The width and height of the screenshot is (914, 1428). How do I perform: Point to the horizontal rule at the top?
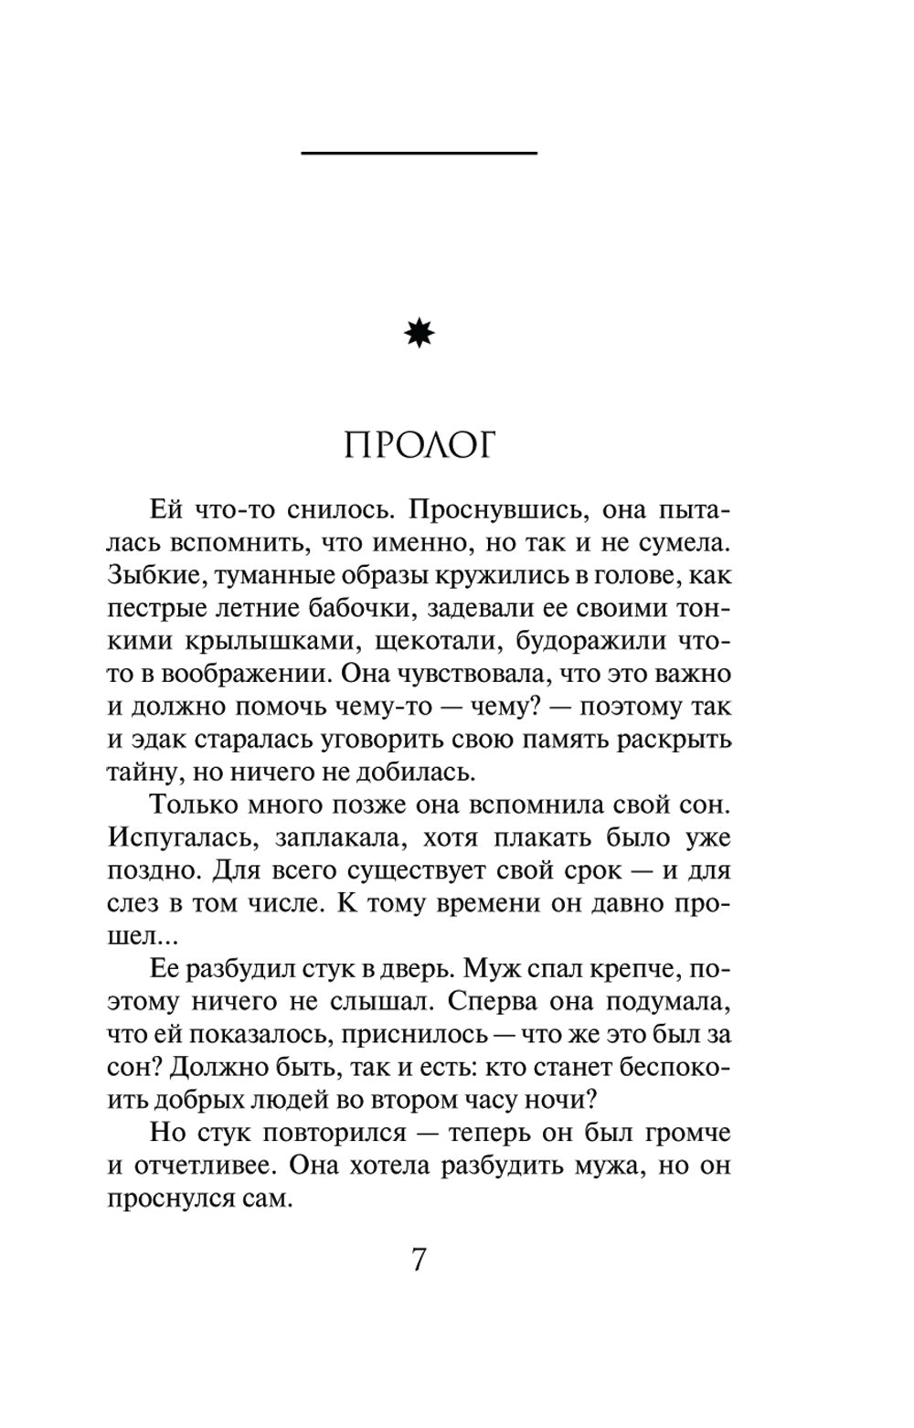coord(419,152)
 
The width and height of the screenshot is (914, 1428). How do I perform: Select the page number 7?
coord(419,1260)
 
